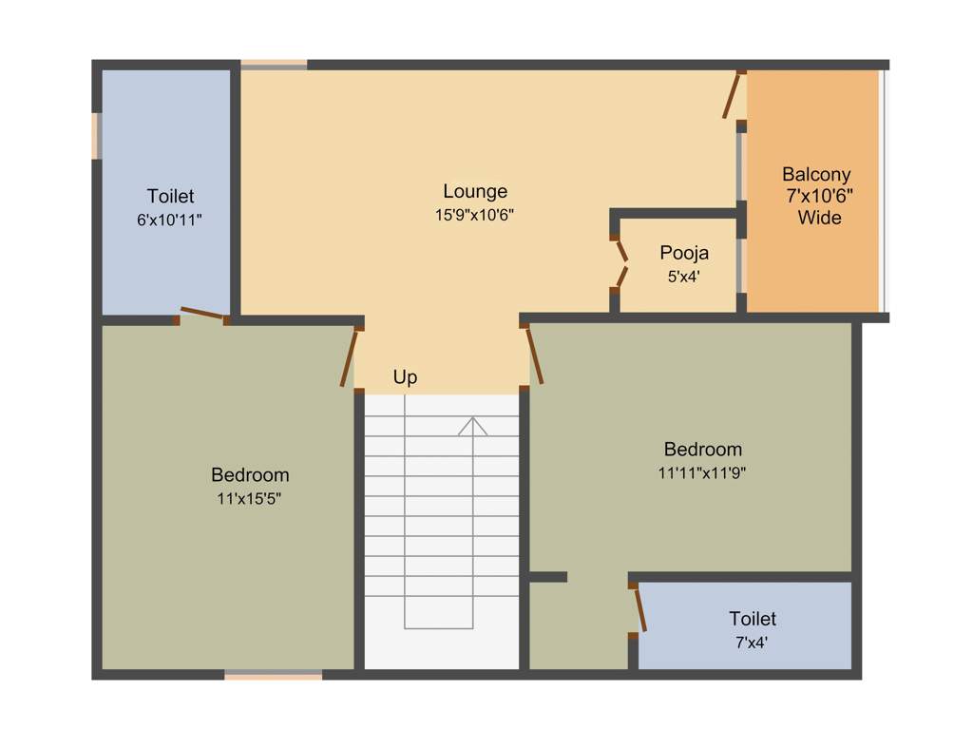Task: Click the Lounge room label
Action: tap(475, 191)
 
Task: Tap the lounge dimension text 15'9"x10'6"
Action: tap(475, 215)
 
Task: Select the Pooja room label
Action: tap(684, 254)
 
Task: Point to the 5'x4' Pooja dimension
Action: tap(684, 278)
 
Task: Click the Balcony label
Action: tap(816, 175)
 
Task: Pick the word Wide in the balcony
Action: tap(819, 218)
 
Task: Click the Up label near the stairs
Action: tap(405, 377)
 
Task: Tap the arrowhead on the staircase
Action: tap(472, 425)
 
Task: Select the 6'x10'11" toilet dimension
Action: tap(170, 220)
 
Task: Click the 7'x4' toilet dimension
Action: tap(752, 643)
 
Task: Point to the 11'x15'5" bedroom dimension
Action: tap(249, 498)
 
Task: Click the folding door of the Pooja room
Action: tap(620, 263)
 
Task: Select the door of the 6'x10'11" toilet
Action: tap(202, 313)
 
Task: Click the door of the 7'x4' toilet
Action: tap(639, 608)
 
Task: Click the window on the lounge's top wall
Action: tap(274, 65)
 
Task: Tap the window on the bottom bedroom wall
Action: tap(274, 676)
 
